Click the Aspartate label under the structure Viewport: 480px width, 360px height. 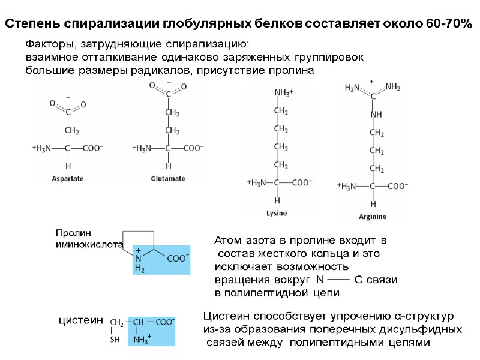(67, 178)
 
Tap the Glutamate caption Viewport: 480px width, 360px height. (168, 178)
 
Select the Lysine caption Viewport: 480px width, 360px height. (277, 213)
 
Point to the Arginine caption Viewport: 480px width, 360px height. (373, 216)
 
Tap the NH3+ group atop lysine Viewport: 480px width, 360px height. (283, 93)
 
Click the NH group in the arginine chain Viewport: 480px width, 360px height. (376, 114)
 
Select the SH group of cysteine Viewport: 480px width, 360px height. (115, 339)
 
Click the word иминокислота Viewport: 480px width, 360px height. (88, 245)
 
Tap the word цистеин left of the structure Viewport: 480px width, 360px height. (81, 321)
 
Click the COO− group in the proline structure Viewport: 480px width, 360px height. (178, 259)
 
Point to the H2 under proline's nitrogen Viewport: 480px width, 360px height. (139, 269)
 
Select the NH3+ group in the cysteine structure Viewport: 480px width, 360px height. (142, 340)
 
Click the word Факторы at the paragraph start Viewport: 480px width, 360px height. (47, 44)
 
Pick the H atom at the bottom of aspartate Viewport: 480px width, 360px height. (68, 166)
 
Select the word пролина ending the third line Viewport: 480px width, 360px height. (293, 70)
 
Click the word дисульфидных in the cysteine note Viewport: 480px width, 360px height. (427, 329)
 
